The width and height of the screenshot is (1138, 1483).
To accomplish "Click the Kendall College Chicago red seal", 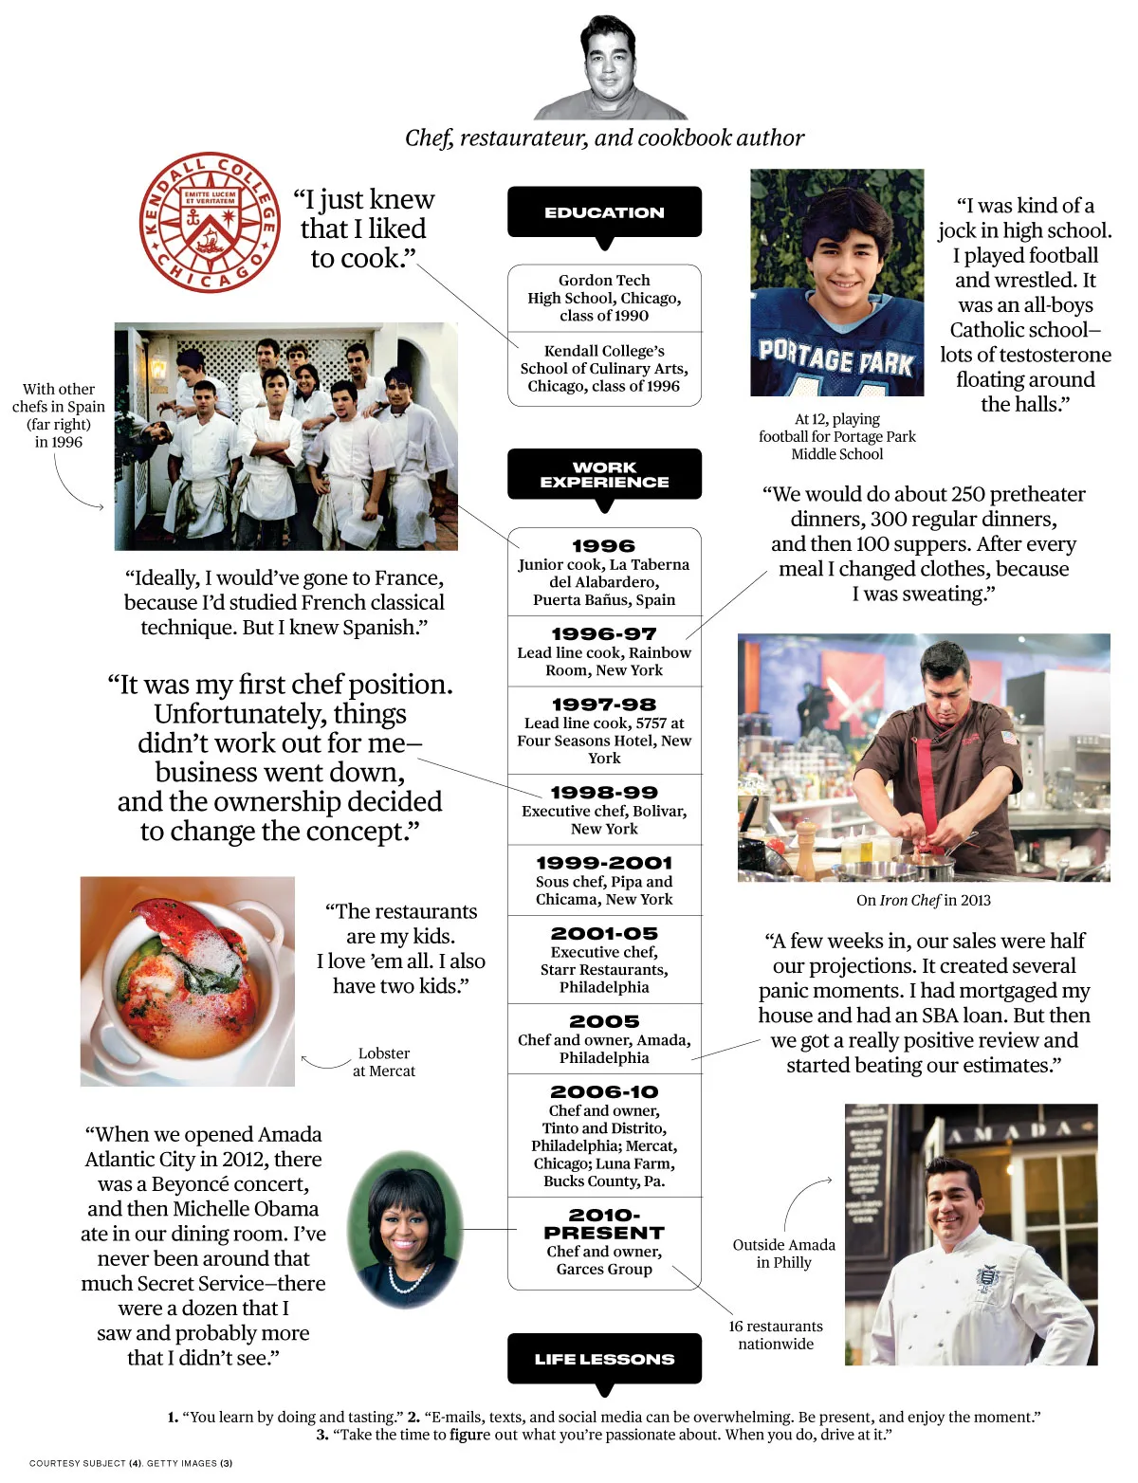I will (210, 222).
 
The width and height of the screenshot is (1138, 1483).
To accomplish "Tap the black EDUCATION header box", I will (604, 212).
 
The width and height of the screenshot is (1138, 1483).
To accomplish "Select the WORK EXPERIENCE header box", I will (604, 474).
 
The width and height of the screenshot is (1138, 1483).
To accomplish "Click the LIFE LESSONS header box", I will (604, 1359).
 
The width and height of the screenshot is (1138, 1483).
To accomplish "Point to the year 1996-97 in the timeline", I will (604, 633).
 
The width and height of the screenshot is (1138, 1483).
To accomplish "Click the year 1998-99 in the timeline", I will (604, 792).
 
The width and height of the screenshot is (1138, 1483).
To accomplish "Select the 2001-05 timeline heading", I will (604, 933).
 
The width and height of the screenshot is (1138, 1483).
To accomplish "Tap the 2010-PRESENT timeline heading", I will (604, 1223).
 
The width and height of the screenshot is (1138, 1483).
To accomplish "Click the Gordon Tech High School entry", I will (604, 298).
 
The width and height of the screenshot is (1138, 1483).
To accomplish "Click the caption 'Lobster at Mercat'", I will (383, 1062).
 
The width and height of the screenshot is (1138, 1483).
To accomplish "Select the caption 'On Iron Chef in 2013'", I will (923, 900).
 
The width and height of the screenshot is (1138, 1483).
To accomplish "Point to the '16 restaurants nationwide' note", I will (776, 1334).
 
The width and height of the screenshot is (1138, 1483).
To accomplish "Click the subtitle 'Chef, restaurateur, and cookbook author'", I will (604, 138).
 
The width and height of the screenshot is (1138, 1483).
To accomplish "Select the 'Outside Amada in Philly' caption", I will (783, 1254).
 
